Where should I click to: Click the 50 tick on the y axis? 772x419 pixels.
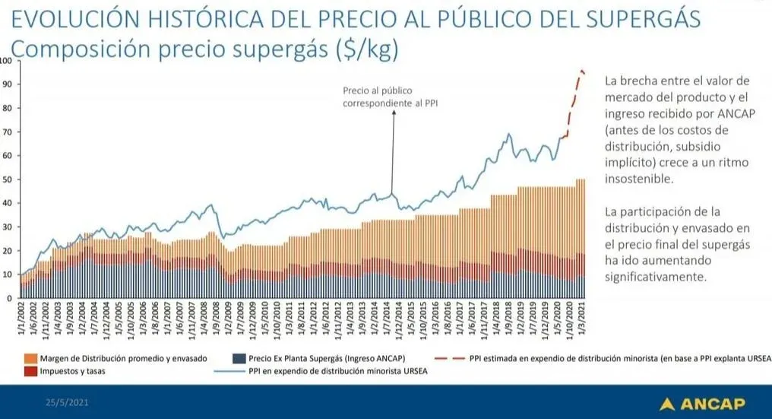8,179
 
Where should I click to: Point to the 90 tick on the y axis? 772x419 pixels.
8,84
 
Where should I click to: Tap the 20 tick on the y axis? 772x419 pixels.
8,250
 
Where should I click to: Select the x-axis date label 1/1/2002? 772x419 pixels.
22,319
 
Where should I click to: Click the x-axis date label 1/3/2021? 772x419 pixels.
581,319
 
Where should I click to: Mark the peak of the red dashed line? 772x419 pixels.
582,71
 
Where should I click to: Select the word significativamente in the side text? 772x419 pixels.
657,278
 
